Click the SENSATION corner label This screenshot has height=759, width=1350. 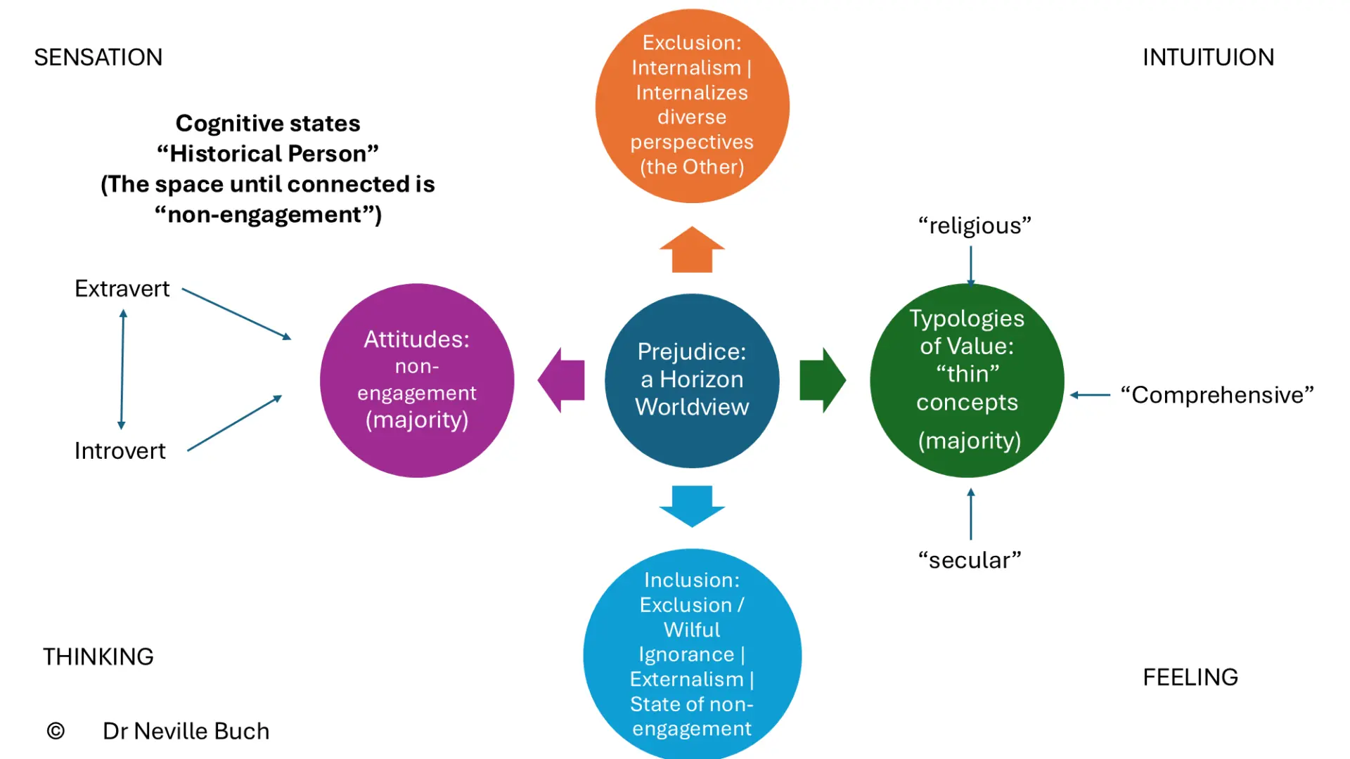coord(98,57)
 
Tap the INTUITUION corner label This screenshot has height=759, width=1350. coord(1208,57)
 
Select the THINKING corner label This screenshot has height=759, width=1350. coord(98,656)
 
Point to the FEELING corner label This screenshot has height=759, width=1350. coord(1190,677)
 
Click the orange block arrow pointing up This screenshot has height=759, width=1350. coord(692,249)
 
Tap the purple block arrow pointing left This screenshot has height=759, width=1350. coord(561,380)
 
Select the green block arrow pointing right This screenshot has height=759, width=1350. coord(823,380)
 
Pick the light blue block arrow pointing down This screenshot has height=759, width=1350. coord(692,506)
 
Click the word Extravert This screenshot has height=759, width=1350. coord(122,289)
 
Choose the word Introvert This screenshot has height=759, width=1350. coord(120,450)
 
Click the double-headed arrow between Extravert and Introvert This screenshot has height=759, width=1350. coord(122,370)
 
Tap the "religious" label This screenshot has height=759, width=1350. coord(975,226)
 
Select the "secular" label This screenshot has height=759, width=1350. coord(970,560)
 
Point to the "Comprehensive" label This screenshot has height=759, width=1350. coord(1217,395)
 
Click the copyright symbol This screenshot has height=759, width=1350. coord(56,731)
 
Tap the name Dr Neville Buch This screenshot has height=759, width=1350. coord(186,731)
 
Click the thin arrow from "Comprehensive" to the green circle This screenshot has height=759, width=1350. coord(1090,395)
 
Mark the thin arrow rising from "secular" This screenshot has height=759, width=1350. coord(971,514)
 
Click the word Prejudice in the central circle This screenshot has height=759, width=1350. coord(692,352)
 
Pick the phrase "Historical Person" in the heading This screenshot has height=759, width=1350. coord(268,153)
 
